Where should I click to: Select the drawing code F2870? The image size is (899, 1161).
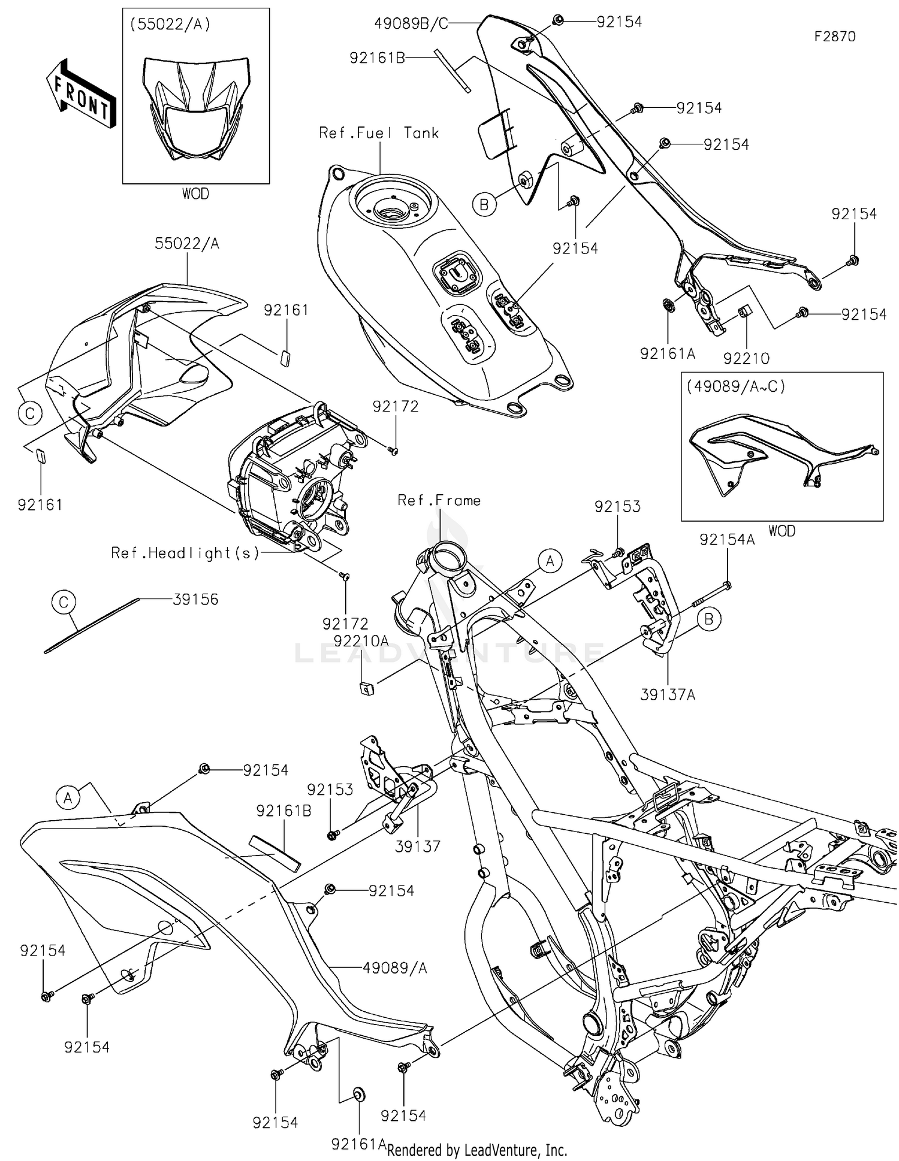click(x=834, y=37)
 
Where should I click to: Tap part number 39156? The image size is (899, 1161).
click(x=196, y=599)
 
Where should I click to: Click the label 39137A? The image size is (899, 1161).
click(x=667, y=695)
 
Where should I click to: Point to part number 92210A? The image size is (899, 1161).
click(x=361, y=640)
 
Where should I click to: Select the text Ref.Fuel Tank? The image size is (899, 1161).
click(x=379, y=133)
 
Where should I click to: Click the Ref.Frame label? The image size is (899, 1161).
click(x=439, y=500)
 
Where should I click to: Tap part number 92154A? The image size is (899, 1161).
click(x=727, y=540)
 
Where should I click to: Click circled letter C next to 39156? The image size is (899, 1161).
click(x=64, y=601)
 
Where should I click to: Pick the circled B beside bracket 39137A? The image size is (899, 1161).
click(x=708, y=619)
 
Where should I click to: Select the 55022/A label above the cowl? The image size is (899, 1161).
click(x=187, y=243)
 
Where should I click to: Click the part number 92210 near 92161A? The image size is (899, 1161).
click(x=746, y=358)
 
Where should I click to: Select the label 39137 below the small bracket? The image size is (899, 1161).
click(x=418, y=846)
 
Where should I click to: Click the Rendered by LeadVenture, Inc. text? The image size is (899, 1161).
click(x=477, y=1150)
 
